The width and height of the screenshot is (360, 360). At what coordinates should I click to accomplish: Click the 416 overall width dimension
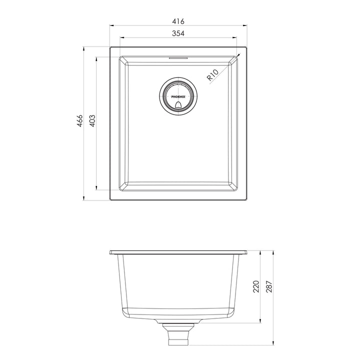coord(179,21)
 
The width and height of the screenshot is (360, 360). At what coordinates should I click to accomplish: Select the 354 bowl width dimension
coord(179,33)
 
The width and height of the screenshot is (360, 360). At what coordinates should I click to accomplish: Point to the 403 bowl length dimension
coord(92,122)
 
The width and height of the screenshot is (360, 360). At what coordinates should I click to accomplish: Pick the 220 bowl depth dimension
coord(256,286)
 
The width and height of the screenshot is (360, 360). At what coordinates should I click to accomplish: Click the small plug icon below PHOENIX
coord(178,104)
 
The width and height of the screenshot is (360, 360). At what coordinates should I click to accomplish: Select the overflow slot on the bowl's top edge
coord(179,58)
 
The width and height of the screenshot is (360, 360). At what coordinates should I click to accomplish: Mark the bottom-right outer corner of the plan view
coord(248,200)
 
